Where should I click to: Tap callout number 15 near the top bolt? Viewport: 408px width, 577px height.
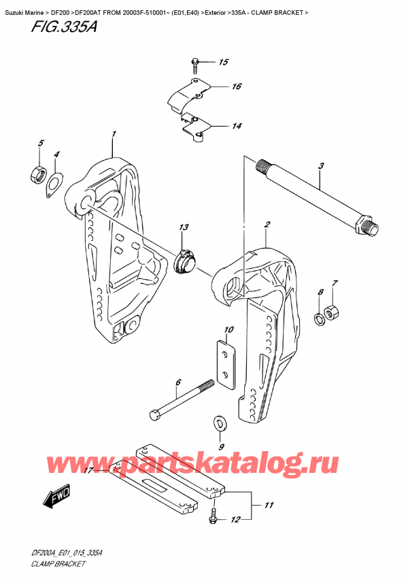(223, 63)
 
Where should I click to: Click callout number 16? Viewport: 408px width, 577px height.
(236, 87)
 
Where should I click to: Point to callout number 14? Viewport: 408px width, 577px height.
(236, 127)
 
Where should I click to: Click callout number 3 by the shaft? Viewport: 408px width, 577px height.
(320, 166)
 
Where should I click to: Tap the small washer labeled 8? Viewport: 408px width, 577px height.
(318, 318)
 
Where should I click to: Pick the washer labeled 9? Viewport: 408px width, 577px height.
(219, 423)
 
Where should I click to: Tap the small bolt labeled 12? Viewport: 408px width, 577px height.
(212, 518)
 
